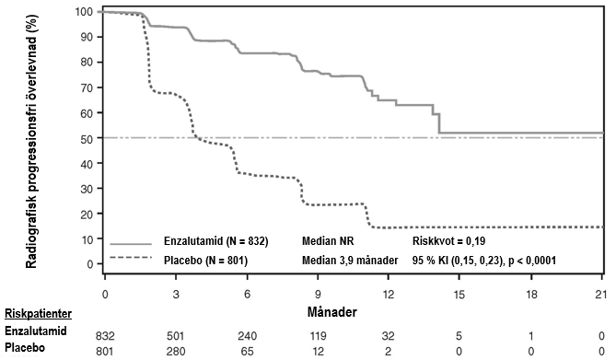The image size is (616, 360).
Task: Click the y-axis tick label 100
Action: (84, 12)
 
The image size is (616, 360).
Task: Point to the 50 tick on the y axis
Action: (87, 138)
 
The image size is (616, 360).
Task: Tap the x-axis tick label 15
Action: (459, 294)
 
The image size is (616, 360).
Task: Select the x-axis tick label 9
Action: (318, 294)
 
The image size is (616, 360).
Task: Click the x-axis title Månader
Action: (332, 312)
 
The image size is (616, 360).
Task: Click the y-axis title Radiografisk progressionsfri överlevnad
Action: (31, 142)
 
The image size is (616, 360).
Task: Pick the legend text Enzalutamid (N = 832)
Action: (216, 241)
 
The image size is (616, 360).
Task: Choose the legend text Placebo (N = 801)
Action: (205, 261)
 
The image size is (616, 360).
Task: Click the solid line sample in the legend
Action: (131, 244)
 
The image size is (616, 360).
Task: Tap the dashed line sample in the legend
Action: (131, 258)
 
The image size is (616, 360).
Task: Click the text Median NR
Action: (328, 241)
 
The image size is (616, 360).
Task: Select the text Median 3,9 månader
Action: (350, 261)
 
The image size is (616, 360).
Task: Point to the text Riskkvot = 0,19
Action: (448, 241)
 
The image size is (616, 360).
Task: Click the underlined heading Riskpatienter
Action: (38, 314)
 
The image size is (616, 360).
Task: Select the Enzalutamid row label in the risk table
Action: (35, 331)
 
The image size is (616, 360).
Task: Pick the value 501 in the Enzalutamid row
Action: (176, 336)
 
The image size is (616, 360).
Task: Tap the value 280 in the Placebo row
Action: (176, 351)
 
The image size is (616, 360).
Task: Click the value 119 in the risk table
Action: (318, 336)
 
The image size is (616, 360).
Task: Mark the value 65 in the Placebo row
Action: (247, 351)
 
